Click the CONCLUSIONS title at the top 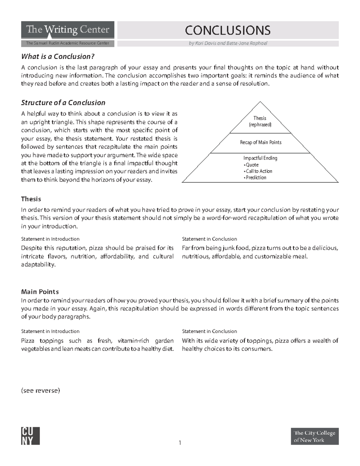228,30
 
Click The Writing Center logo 67,30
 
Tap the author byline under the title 228,43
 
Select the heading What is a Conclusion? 58,56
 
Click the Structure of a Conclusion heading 63,103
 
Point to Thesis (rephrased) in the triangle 260,121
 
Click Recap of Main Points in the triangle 260,142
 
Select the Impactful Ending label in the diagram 260,158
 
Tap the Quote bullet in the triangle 251,165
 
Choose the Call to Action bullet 258,171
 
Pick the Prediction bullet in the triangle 255,177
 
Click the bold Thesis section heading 31,199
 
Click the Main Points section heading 40,292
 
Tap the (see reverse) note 40,390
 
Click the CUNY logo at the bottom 30,436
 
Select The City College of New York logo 314,436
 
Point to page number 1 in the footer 180,443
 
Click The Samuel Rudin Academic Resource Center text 67,43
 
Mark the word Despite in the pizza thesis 31,248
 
